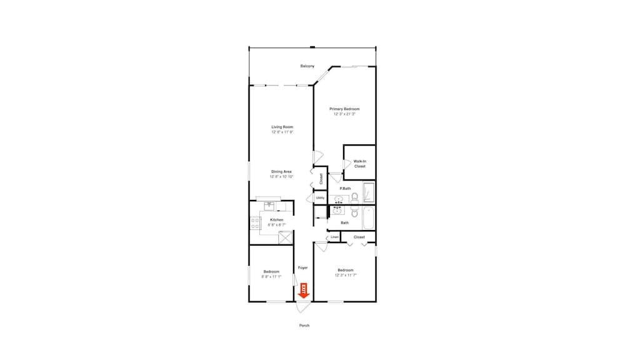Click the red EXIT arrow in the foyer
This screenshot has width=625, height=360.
[x=304, y=290]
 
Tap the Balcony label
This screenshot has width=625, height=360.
[x=307, y=66]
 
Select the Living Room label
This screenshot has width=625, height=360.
[x=282, y=127]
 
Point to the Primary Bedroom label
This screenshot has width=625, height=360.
[x=344, y=109]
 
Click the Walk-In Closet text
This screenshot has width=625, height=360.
[x=359, y=164]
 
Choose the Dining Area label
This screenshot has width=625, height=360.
[x=282, y=172]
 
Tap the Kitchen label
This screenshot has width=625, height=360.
[x=276, y=220]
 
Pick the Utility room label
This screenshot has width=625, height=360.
[x=320, y=197]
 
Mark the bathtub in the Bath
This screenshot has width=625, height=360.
[x=368, y=218]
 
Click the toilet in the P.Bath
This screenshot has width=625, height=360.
[x=354, y=198]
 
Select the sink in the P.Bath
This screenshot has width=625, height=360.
[x=339, y=200]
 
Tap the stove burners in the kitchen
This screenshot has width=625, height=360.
[x=255, y=221]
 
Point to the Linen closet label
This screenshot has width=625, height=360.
[x=334, y=237]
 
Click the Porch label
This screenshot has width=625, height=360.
[x=304, y=326]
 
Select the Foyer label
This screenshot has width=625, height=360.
[x=302, y=267]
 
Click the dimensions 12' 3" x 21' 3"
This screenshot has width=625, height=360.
[x=344, y=114]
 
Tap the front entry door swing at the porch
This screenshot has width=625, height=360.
[x=302, y=307]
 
